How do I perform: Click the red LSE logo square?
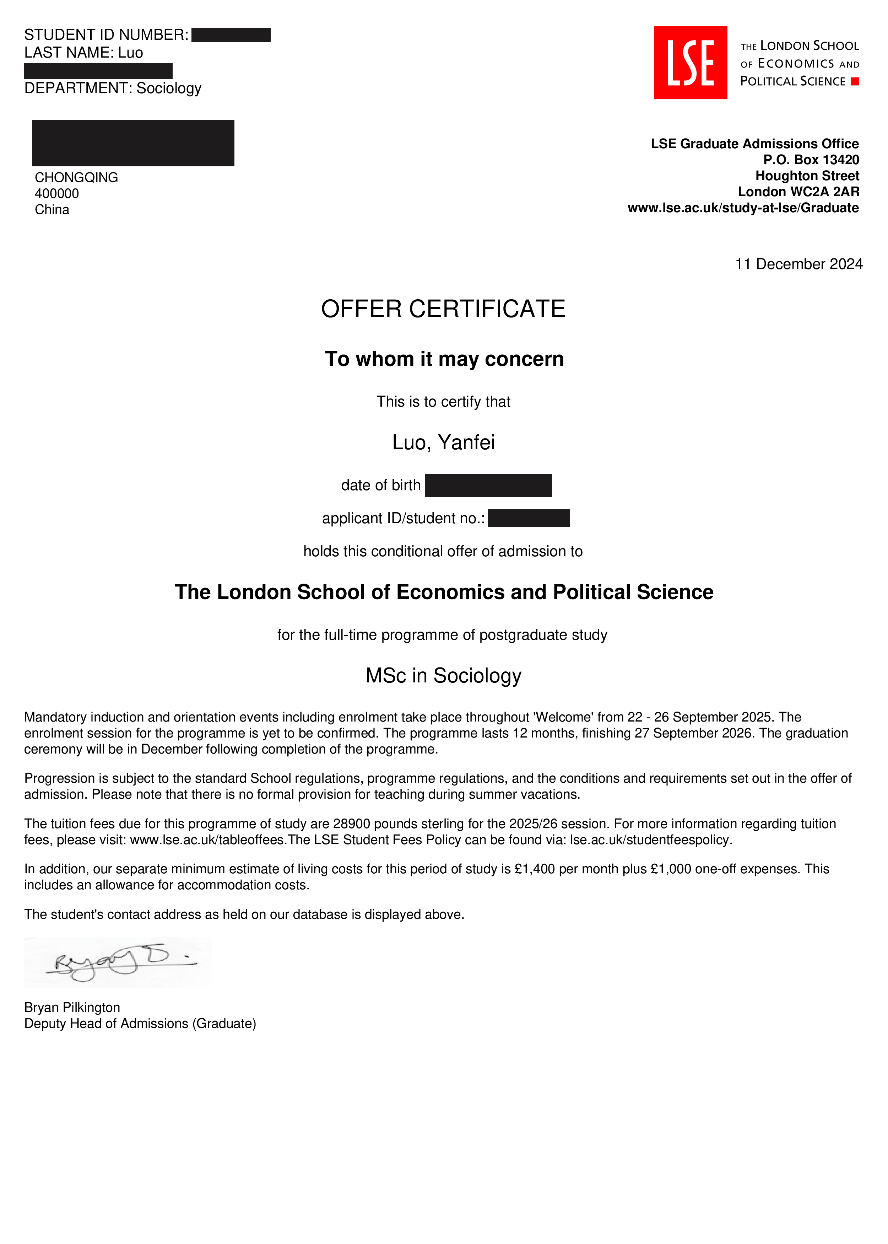click(690, 63)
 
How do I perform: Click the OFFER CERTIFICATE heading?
click(443, 309)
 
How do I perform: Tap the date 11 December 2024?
click(798, 264)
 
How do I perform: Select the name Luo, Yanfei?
click(443, 443)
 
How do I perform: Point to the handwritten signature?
click(120, 963)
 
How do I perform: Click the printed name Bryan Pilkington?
click(72, 1007)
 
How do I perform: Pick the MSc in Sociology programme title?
click(443, 676)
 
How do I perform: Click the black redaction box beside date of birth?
click(488, 485)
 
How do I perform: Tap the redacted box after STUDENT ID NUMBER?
click(231, 35)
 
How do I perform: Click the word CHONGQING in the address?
click(77, 177)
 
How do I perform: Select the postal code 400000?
click(57, 194)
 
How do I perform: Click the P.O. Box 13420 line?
click(811, 160)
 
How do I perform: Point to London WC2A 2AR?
click(798, 192)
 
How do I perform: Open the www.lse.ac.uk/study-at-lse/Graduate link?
click(743, 208)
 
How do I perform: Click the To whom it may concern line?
click(444, 359)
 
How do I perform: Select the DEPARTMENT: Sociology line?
click(113, 88)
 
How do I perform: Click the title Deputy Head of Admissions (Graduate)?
click(140, 1024)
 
